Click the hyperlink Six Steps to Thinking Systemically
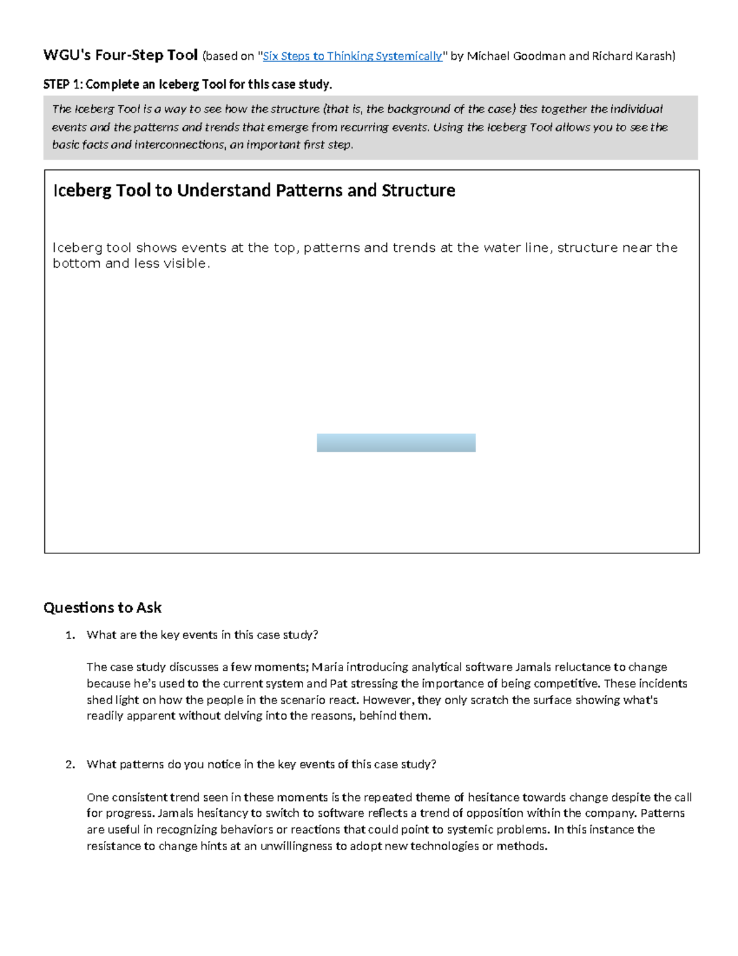[352, 56]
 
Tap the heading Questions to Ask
[102, 608]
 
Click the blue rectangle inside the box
[396, 443]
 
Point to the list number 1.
[70, 635]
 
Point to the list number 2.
[70, 765]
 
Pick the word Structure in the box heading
[418, 190]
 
